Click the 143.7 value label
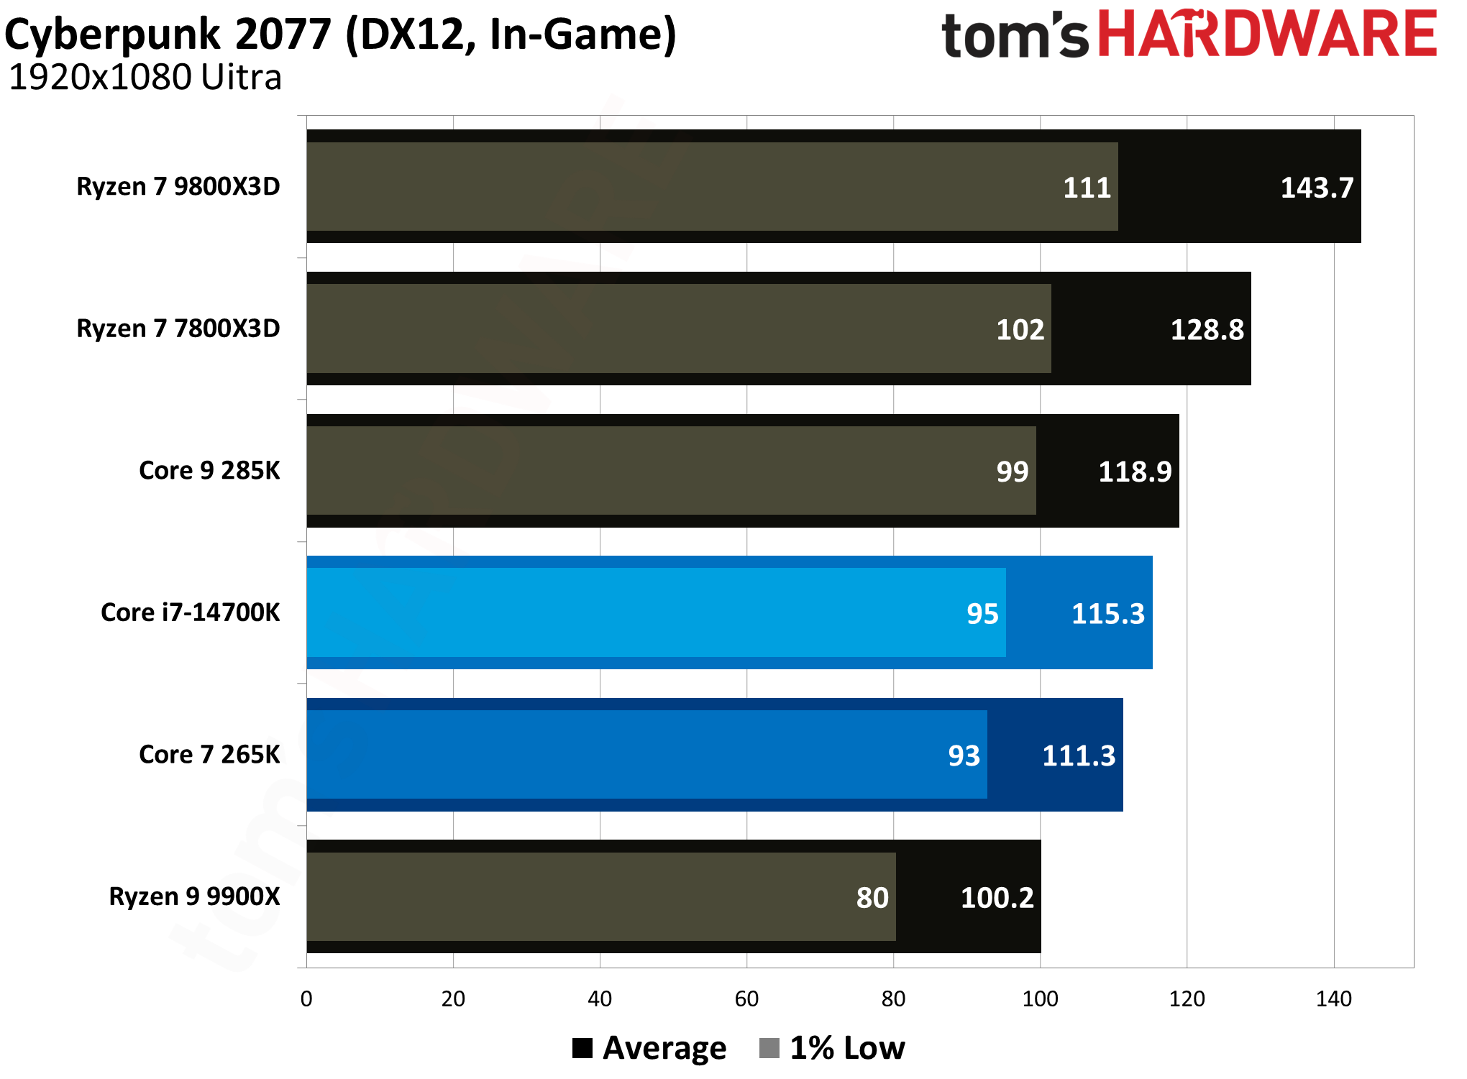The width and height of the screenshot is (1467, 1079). [1317, 188]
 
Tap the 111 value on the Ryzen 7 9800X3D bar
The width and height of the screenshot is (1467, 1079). [1087, 188]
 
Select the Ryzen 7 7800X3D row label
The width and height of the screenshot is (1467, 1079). [178, 329]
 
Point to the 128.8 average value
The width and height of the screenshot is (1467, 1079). [1207, 330]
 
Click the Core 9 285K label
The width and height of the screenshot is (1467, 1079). [209, 470]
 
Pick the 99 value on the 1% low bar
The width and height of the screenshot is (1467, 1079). [1012, 472]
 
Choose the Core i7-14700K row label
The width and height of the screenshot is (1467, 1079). [190, 612]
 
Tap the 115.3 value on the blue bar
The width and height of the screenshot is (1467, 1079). [1107, 614]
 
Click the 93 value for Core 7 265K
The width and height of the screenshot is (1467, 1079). [964, 756]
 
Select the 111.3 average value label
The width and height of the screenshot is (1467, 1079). [1078, 756]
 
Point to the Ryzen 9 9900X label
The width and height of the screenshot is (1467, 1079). [194, 896]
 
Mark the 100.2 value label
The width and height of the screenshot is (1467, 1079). [997, 898]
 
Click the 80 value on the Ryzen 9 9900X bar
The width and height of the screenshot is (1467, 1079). [872, 898]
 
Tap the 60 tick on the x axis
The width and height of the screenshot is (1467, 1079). [746, 998]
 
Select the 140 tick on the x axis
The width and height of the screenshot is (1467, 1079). [1333, 998]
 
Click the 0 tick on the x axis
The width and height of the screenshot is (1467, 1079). [306, 998]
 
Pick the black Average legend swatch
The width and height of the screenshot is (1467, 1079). [582, 1048]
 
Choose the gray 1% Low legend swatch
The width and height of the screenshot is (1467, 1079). [769, 1048]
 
